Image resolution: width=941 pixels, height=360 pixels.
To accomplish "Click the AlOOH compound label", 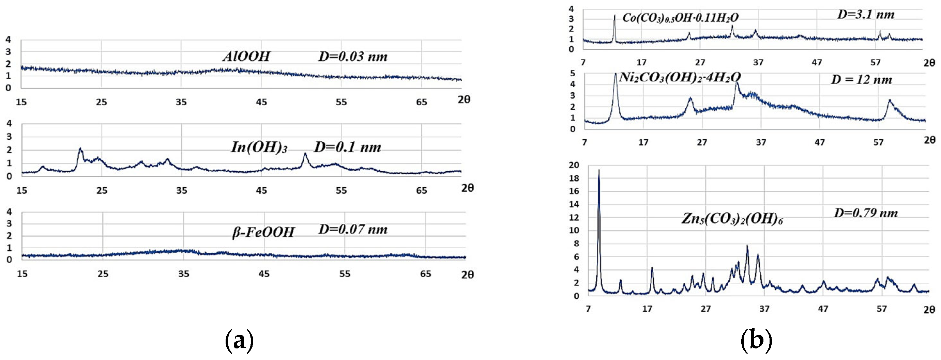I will point(246,56).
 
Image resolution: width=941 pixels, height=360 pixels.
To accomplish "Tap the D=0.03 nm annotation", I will point(353,56).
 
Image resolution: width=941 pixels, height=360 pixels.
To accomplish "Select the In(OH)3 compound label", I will point(259,147).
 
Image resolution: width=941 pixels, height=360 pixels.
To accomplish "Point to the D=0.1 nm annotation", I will point(347,147).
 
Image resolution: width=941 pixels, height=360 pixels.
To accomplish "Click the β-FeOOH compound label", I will point(263,232).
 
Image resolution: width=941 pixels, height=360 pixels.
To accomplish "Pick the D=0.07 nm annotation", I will point(353,229).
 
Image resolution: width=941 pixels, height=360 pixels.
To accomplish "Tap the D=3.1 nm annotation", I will point(866,15).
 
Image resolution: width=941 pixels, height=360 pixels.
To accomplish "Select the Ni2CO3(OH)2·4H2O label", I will point(680,77).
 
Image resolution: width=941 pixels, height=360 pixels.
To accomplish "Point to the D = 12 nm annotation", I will point(861,80).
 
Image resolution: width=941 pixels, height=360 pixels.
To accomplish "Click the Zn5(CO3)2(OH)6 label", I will point(732,219).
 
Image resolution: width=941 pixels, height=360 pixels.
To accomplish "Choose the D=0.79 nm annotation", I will point(865,213).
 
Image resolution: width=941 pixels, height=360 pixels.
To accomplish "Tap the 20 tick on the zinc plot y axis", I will point(574,165).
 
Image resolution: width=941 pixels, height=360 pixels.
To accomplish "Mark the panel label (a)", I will point(239,340).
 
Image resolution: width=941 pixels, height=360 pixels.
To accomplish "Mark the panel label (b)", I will point(756,340).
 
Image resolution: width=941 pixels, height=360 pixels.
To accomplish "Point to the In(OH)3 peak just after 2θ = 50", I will point(305,155).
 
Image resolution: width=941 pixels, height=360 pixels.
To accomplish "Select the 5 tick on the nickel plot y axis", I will point(573,73).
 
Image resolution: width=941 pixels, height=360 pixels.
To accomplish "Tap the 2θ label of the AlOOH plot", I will point(464,100).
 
